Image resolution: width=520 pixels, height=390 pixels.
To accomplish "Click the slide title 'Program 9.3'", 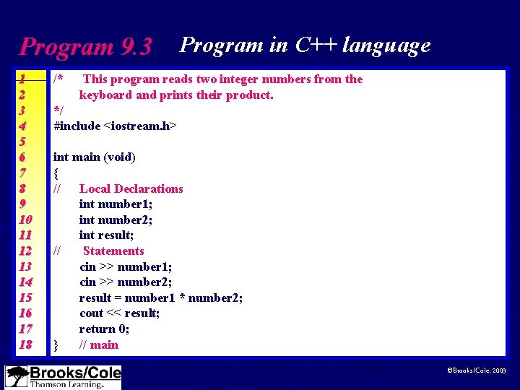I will pos(85,47).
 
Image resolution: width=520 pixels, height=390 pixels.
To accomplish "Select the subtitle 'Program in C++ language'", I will pos(305,45).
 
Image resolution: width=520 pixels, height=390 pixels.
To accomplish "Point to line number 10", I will pos(25,220).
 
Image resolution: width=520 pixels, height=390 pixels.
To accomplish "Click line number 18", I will pos(25,344).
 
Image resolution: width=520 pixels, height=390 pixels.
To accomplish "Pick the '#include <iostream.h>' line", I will pos(116,126).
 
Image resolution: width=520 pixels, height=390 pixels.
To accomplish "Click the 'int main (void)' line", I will pos(95,157).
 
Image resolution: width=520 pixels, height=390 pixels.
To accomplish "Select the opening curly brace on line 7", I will pos(56,173).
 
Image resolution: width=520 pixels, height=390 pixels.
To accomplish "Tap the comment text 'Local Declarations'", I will pos(131,188).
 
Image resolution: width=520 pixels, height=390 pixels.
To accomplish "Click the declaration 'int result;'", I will pos(106,235).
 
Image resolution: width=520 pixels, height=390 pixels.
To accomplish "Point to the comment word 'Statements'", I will pos(113,251).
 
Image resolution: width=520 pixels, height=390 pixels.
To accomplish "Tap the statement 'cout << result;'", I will pos(119,313).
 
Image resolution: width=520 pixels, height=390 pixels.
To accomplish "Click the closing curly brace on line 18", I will pos(56,345).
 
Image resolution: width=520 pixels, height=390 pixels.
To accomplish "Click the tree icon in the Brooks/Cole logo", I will pos(17,377).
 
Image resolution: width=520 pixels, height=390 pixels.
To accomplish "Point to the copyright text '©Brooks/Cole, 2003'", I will pos(477,370).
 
